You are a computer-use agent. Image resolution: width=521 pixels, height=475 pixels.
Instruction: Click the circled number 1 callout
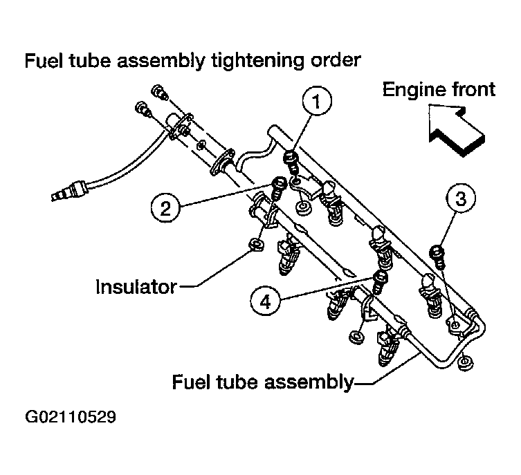[x=317, y=101]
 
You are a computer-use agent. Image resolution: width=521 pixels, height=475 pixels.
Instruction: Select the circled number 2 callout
[x=165, y=208]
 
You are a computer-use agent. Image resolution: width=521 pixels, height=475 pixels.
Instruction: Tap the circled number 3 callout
[x=461, y=198]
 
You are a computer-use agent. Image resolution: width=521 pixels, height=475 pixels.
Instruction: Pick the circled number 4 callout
[x=265, y=301]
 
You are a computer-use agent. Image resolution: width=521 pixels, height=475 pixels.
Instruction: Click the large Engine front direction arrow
[x=456, y=129]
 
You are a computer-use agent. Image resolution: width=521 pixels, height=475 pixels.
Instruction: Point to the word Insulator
[x=136, y=287]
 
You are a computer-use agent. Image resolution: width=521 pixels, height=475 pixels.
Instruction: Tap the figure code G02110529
[x=71, y=417]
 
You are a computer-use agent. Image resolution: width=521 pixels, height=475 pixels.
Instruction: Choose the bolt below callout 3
[x=437, y=257]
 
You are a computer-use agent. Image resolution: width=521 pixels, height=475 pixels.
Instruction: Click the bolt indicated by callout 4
[x=380, y=282]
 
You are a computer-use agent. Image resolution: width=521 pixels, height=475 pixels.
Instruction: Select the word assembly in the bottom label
[x=309, y=383]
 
